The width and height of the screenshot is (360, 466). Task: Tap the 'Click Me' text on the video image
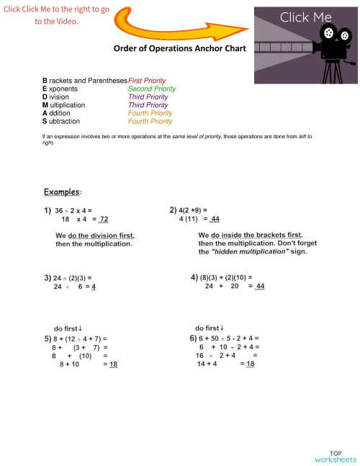(x=306, y=17)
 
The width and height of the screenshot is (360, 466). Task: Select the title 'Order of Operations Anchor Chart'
(x=180, y=49)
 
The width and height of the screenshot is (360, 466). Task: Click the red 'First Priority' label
(x=147, y=80)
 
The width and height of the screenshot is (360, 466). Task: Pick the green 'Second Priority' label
(x=151, y=89)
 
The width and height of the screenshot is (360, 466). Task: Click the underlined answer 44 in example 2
(x=215, y=219)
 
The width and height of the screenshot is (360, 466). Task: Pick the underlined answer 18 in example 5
(x=112, y=364)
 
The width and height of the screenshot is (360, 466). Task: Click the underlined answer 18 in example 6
(x=251, y=364)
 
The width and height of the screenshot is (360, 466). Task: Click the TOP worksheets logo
(x=335, y=454)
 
